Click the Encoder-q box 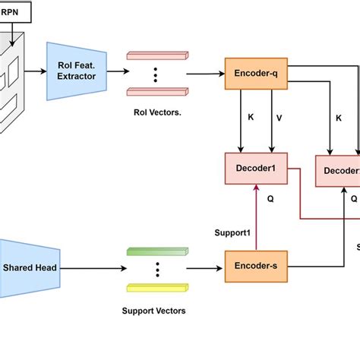254,74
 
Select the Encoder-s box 254,267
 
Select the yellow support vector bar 157,287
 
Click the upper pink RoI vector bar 157,55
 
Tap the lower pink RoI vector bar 157,91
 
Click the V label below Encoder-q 279,118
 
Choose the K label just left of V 251,118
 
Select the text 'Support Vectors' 154,311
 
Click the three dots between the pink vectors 156,74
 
